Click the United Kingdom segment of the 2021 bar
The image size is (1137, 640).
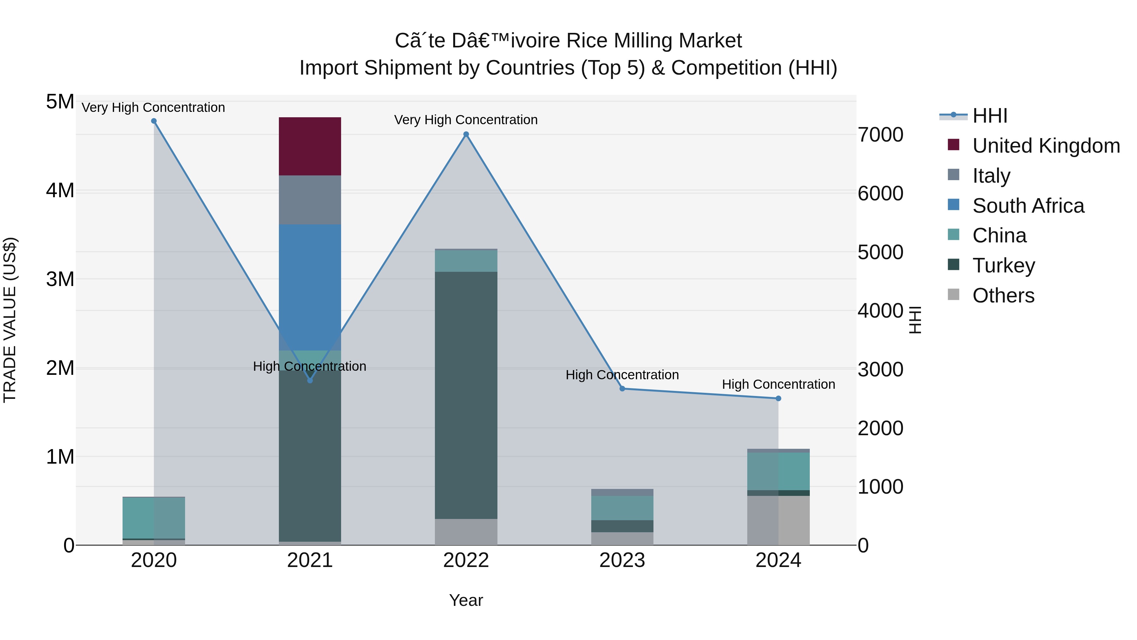[x=310, y=146]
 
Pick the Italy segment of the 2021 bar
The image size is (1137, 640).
[x=310, y=200]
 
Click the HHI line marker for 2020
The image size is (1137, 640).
[x=154, y=121]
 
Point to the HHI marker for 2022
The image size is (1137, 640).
[x=466, y=134]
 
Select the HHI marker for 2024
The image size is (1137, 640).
[x=778, y=399]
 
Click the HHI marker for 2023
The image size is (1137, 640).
[x=622, y=389]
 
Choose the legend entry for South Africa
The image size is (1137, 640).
[x=1028, y=206]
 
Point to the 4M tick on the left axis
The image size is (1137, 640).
[x=60, y=191]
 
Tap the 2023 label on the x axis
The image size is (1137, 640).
[x=622, y=560]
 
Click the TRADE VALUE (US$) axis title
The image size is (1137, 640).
[x=10, y=320]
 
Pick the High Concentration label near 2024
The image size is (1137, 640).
[x=778, y=384]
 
